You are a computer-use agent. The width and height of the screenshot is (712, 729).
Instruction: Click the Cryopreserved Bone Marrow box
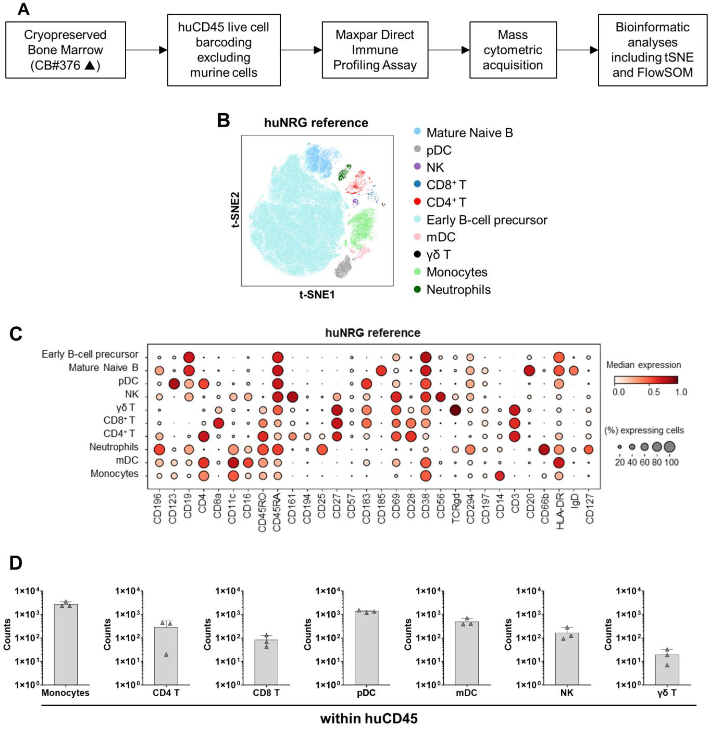65,50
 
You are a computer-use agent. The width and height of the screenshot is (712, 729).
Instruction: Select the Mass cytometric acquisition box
513,50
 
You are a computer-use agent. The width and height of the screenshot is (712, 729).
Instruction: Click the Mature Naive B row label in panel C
103,368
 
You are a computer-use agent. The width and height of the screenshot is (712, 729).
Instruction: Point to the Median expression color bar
646,381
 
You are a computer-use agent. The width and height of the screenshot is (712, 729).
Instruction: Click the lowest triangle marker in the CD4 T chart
166,654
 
